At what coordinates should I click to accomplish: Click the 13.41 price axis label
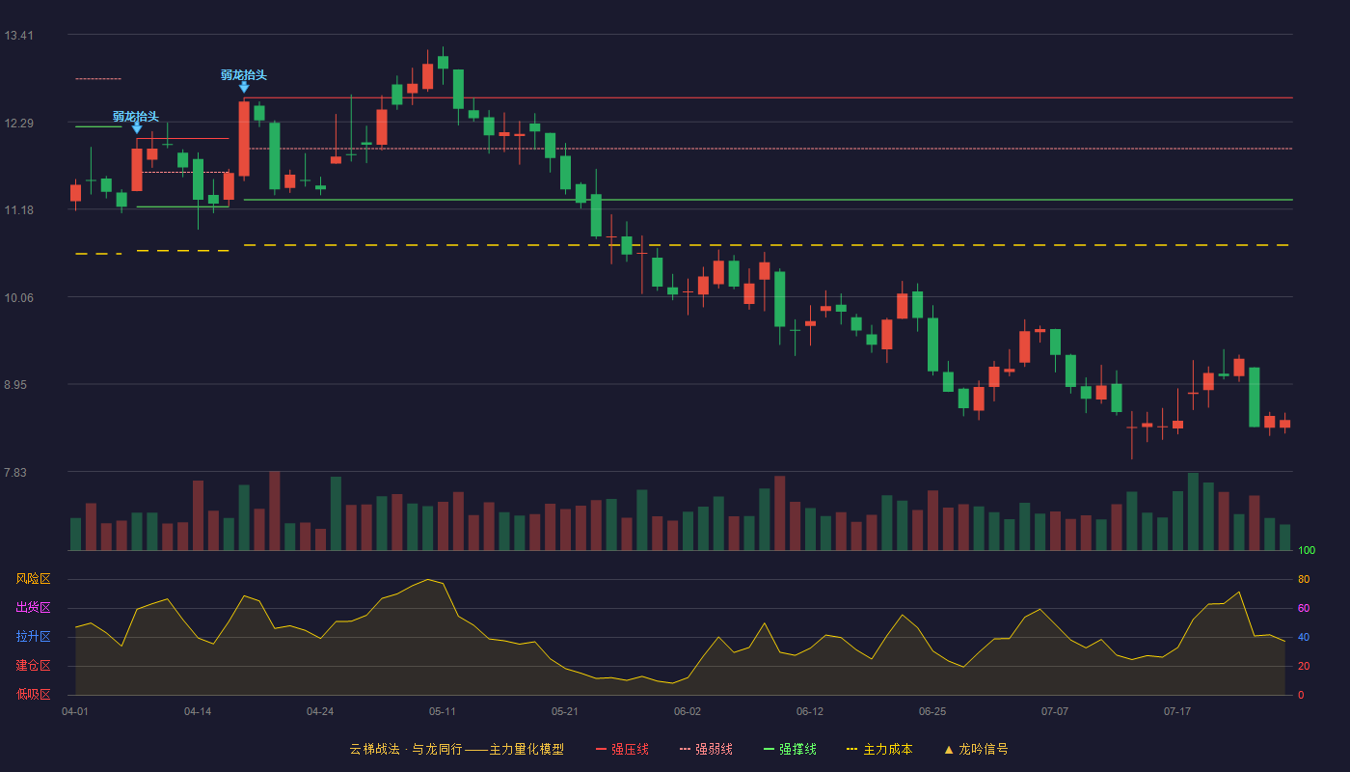[18, 36]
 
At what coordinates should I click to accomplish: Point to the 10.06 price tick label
[18, 298]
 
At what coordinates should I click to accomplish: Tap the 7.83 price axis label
[15, 473]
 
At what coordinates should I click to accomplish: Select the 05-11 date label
[443, 712]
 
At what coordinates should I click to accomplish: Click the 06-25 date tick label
[932, 712]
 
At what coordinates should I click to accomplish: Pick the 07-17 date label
[1177, 712]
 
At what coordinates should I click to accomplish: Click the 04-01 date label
[75, 712]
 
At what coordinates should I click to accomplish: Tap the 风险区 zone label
[33, 579]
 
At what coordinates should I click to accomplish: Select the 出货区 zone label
[33, 607]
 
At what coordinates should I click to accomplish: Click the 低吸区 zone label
[33, 694]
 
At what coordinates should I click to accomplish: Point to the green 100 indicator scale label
[1307, 550]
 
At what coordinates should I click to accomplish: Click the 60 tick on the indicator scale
[1304, 608]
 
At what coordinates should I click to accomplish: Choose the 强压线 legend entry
[622, 749]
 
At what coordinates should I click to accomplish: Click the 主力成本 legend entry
[879, 749]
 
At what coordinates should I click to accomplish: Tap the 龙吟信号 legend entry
[976, 749]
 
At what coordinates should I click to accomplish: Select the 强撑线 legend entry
[790, 749]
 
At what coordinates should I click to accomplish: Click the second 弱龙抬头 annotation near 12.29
[136, 117]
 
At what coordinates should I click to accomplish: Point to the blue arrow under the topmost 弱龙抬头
[243, 88]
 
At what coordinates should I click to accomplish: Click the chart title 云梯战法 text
[374, 749]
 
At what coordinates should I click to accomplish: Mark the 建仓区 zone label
[33, 665]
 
